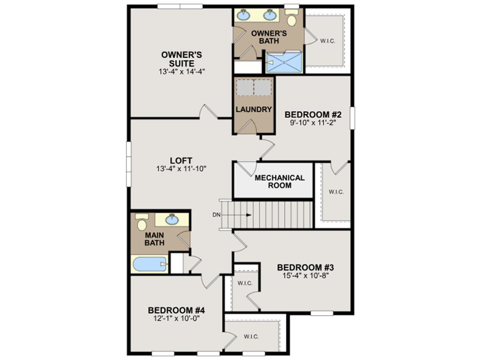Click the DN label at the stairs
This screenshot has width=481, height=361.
(216, 215)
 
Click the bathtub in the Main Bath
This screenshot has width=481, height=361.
(149, 264)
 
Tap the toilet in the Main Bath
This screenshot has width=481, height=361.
(141, 222)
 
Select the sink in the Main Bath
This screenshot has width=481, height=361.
(172, 219)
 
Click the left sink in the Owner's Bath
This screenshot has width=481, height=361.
(243, 16)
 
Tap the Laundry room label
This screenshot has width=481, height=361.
(254, 110)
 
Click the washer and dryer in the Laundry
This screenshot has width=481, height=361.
(254, 87)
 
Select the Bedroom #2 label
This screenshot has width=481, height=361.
(312, 114)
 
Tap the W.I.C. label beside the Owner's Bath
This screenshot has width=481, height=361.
(327, 41)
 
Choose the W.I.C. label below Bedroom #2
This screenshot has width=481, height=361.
(336, 192)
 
